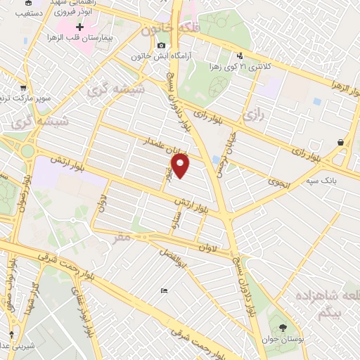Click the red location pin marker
[181, 167]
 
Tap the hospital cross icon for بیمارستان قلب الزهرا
[79, 27]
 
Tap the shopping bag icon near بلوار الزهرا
[341, 142]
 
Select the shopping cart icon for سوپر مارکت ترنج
[25, 89]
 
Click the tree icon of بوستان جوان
[282, 327]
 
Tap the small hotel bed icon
[164, 291]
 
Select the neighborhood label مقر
[121, 238]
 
